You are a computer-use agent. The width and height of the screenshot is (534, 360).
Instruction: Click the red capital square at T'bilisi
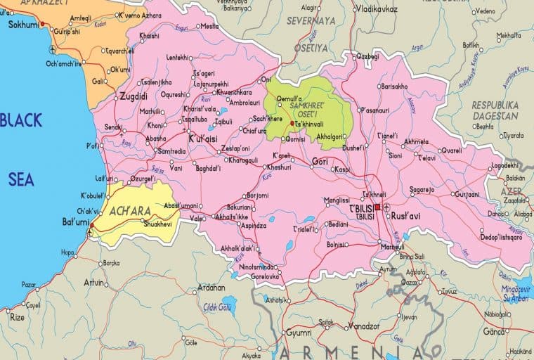tap(377, 207)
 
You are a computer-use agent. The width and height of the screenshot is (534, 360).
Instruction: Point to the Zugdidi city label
tap(133, 96)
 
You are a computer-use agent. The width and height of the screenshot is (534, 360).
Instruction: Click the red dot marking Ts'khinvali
tap(292, 123)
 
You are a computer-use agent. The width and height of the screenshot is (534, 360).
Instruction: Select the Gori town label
tap(320, 162)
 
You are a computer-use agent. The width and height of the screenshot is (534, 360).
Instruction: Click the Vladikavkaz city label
tap(377, 9)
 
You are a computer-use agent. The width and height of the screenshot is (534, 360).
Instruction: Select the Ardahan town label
tap(211, 288)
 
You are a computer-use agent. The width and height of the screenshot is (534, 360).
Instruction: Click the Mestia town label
tap(209, 26)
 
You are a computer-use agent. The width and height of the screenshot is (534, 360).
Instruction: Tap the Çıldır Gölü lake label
tap(216, 307)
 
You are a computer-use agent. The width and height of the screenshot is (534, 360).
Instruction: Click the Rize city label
tap(17, 318)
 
